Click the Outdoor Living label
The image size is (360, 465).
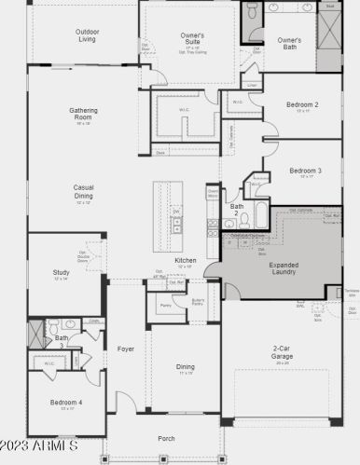tap(87, 35)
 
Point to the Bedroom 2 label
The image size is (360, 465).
tap(304, 105)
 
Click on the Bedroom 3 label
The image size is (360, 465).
tap(305, 171)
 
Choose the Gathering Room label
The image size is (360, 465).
tap(83, 114)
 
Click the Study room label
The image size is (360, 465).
tap(62, 273)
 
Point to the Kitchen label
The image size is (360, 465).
tap(186, 260)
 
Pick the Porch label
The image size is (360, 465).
tap(166, 438)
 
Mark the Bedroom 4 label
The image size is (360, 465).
tap(65, 403)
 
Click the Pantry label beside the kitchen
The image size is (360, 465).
tap(164, 305)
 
